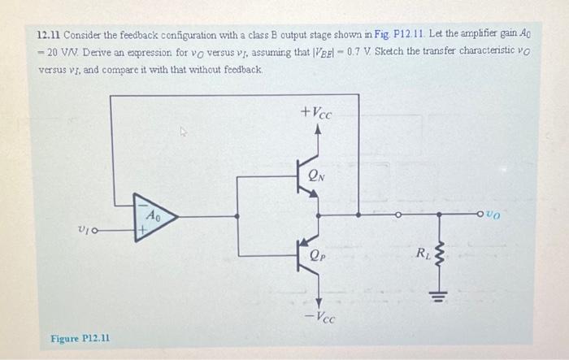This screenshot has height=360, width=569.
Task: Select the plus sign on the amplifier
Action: [142, 230]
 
